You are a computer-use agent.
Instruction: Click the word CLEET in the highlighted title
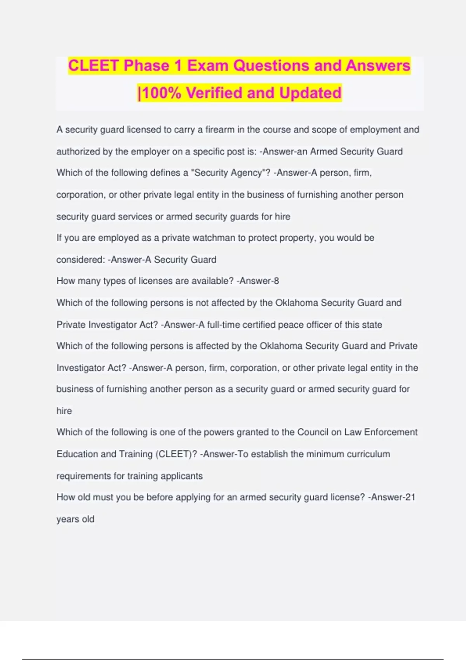(x=93, y=66)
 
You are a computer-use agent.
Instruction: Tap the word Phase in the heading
(x=146, y=66)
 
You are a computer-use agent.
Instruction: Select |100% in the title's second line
(x=159, y=93)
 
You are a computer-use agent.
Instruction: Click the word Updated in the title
(x=310, y=93)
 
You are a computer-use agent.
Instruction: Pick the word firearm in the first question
(x=220, y=130)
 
